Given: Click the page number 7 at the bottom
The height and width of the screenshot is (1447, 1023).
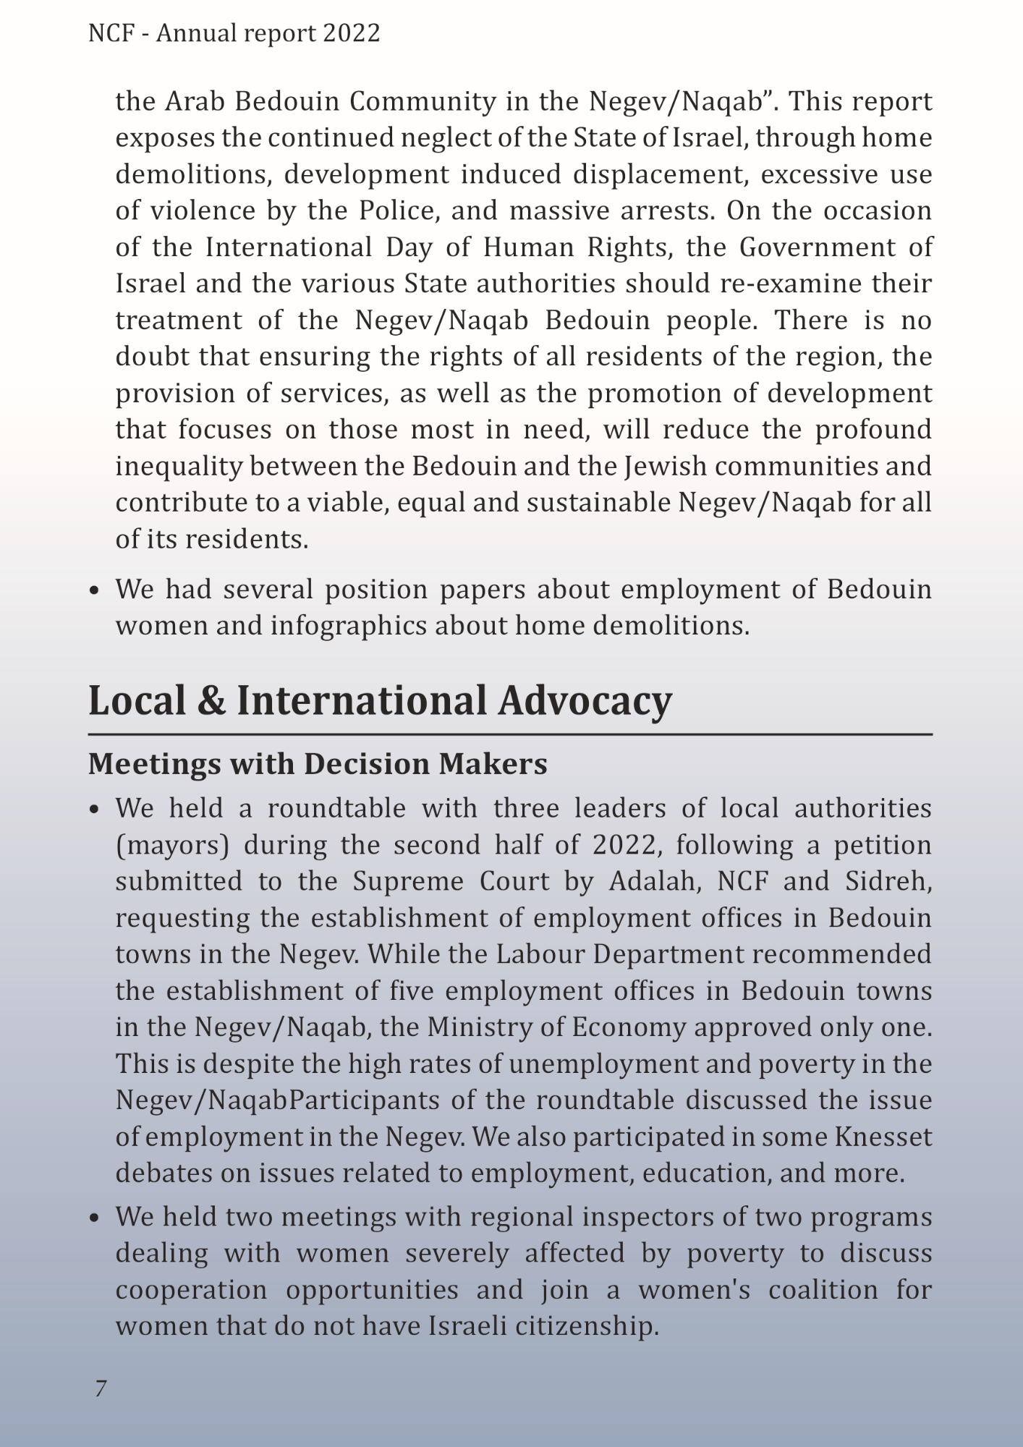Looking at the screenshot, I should click(101, 1388).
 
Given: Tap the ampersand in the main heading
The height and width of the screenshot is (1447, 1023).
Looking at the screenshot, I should click(211, 700).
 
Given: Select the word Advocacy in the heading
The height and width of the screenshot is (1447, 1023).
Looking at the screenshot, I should click(585, 700).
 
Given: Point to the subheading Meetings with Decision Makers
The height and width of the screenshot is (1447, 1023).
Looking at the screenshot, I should click(318, 764).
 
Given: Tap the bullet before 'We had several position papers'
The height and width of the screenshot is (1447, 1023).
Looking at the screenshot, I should click(94, 590).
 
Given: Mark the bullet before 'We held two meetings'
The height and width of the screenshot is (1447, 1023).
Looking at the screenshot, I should click(94, 1218).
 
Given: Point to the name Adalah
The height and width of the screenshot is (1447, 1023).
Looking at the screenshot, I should click(653, 880).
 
